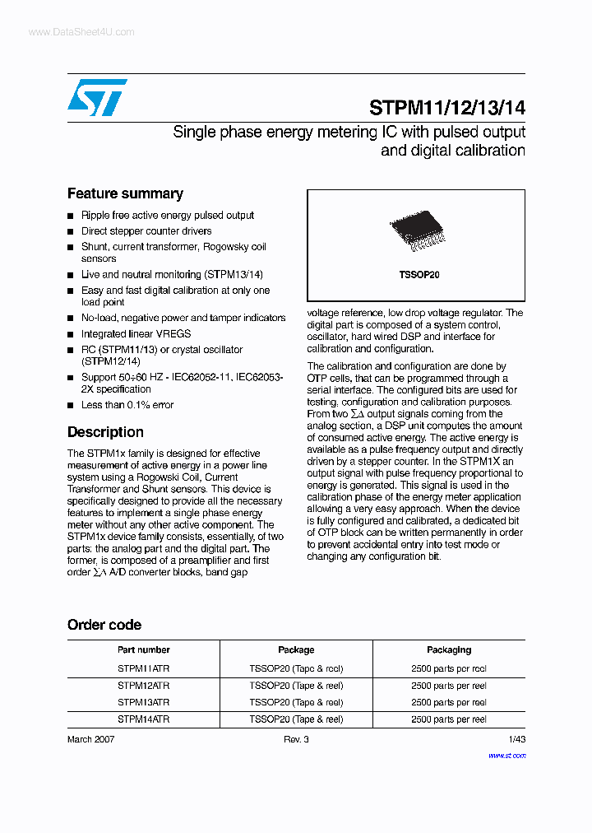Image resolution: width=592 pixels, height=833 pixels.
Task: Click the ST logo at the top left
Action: pos(97,97)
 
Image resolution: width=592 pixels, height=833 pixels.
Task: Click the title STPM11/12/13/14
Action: pos(446,108)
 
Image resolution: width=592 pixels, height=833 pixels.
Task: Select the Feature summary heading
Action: pos(125,193)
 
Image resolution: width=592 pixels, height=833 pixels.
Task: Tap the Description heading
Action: pos(105,432)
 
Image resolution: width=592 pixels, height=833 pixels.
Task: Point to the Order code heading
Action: pos(104,625)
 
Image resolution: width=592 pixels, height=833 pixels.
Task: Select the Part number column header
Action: pos(143,649)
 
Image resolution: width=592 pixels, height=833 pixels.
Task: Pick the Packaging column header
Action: pos(448,649)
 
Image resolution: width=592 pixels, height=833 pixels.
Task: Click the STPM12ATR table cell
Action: pos(143,686)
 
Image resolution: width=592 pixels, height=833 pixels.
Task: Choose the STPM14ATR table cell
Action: pos(143,719)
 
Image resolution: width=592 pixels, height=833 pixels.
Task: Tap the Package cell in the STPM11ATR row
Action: pos(296,668)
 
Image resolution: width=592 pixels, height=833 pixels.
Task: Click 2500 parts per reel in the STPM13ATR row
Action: pos(448,702)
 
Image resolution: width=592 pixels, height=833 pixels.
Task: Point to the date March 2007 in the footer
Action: pos(90,739)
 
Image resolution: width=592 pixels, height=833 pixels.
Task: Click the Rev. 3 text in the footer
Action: pos(296,739)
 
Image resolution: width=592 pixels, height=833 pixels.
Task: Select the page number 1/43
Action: pos(516,739)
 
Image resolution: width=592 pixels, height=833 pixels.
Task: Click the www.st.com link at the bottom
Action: pos(506,755)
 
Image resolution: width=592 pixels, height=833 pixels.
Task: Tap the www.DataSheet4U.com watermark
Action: pos(81,32)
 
